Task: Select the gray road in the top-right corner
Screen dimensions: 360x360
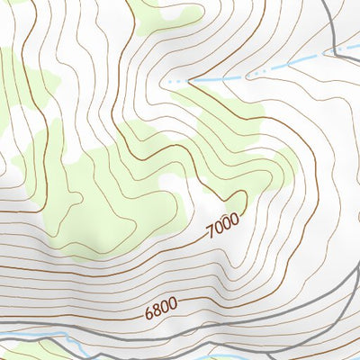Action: (337, 36)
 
